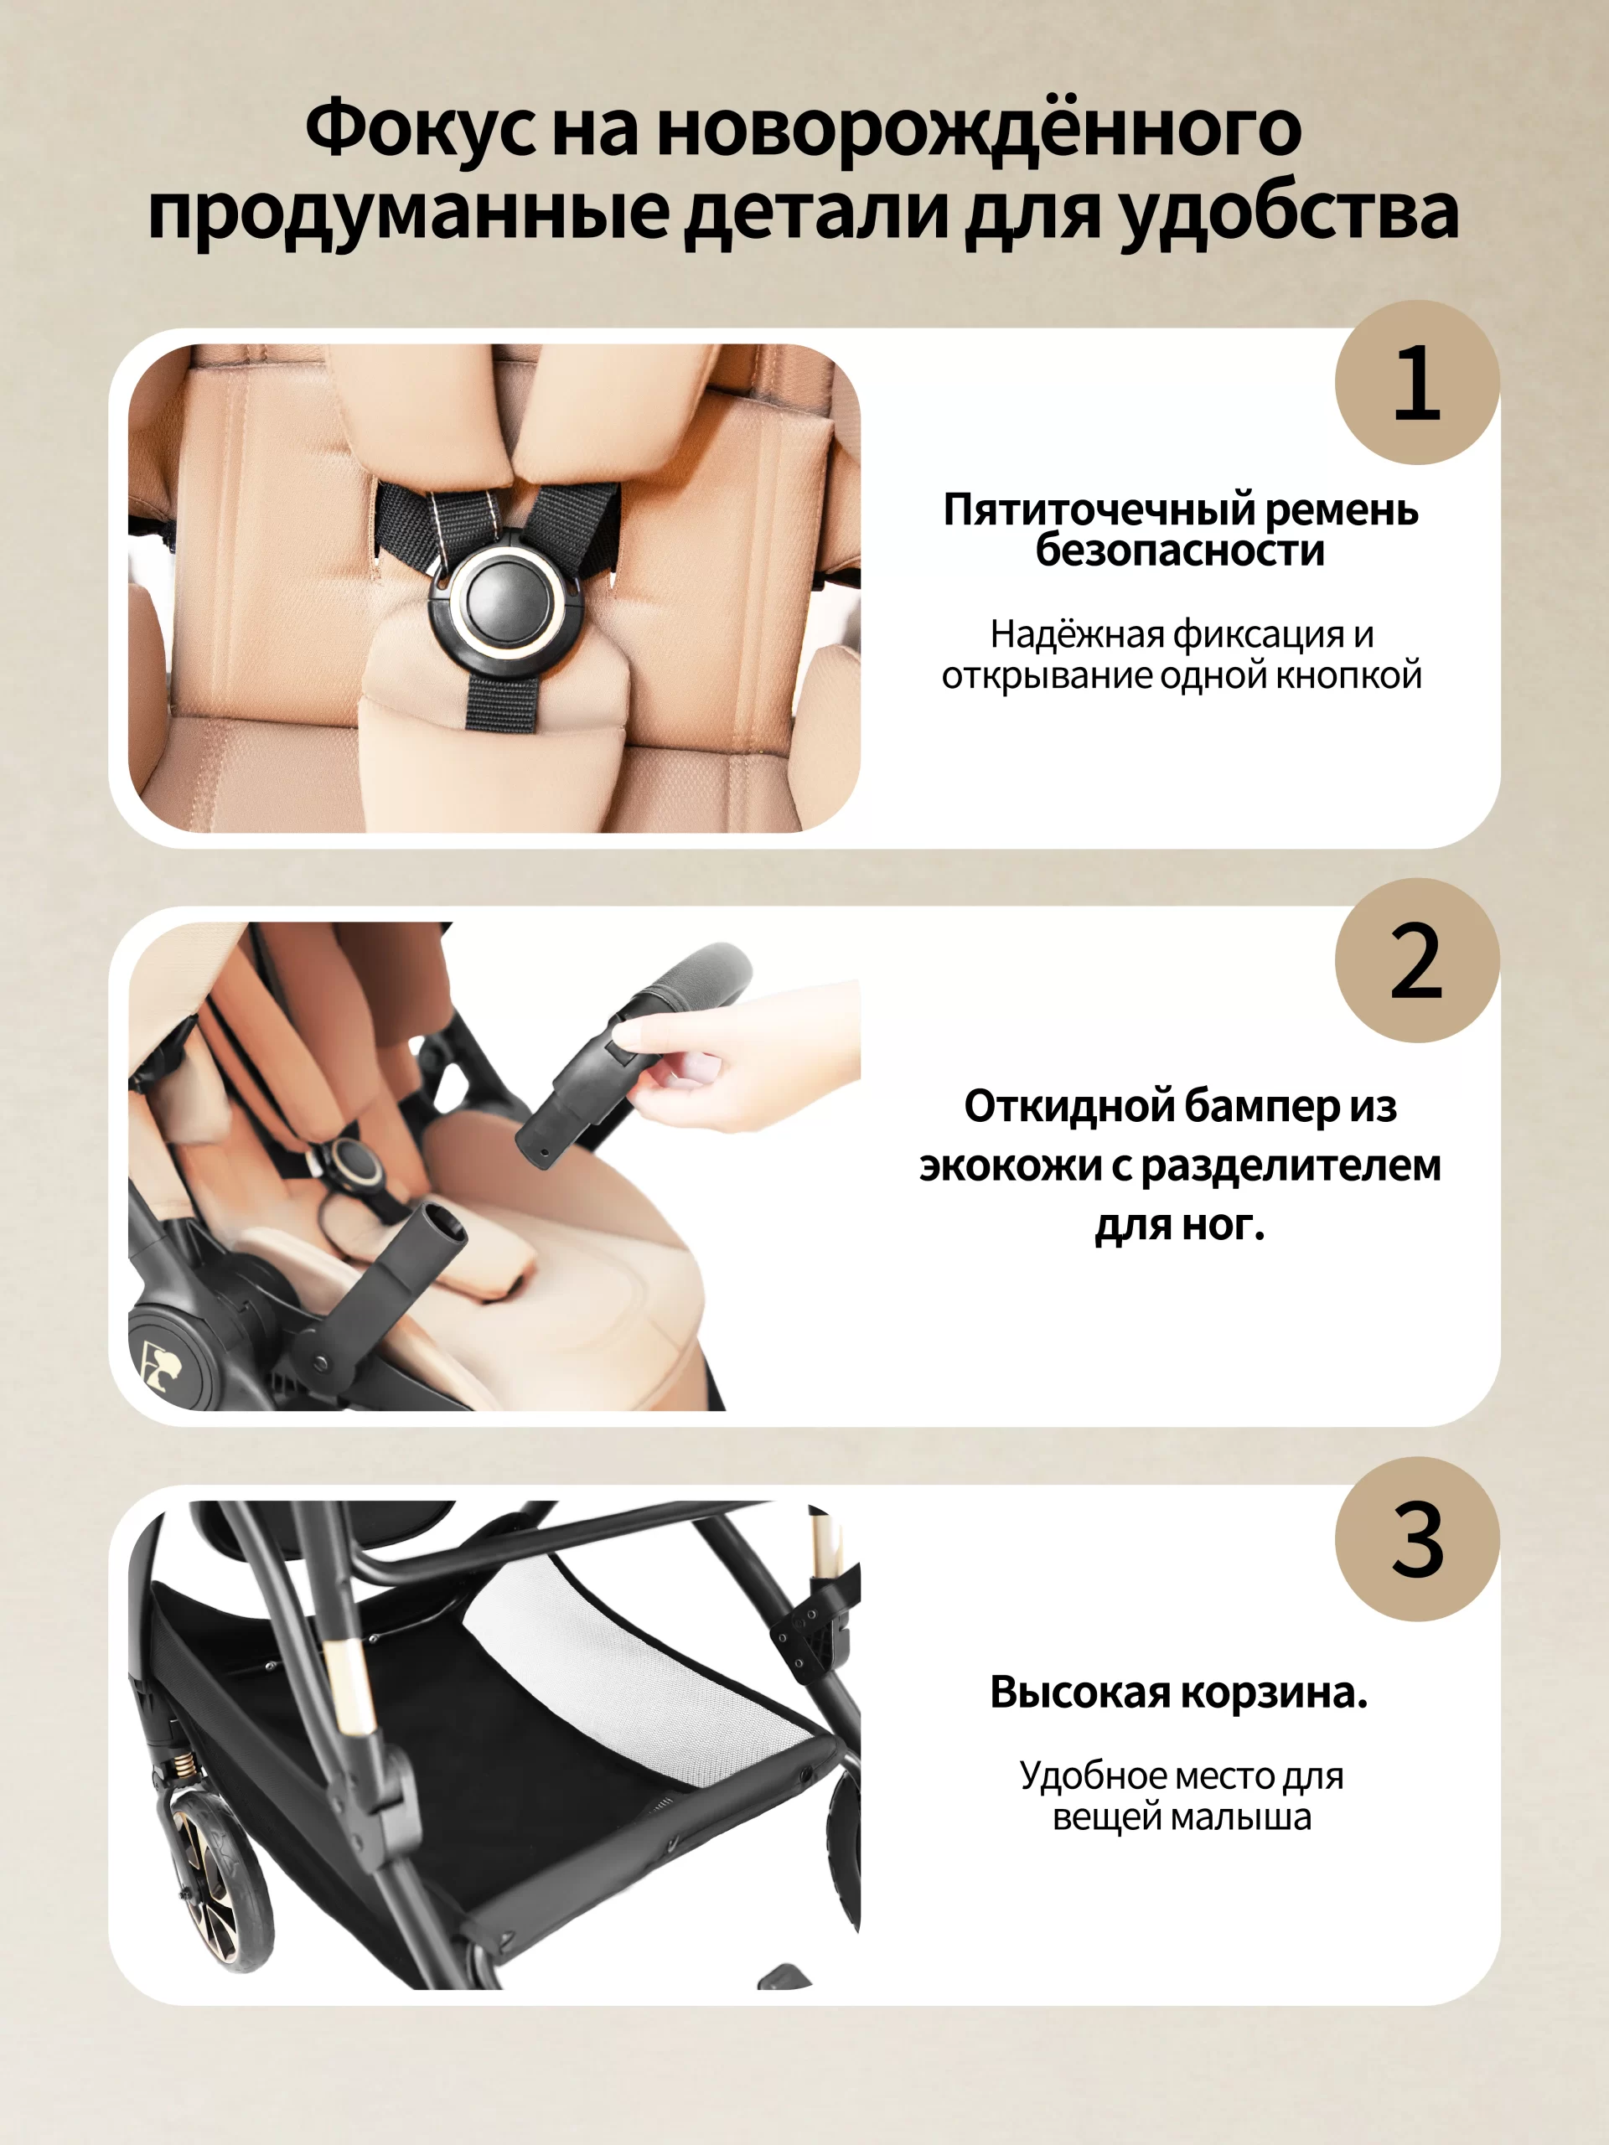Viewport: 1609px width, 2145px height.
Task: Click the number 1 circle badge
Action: (x=1417, y=382)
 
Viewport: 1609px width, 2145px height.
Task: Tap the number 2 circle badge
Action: (x=1417, y=960)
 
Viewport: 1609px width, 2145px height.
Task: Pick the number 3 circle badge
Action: (x=1417, y=1538)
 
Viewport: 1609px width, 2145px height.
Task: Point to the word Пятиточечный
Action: (x=1098, y=511)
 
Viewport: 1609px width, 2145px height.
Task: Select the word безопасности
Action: (x=1180, y=550)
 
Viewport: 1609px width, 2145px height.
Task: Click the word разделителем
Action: (x=1290, y=1166)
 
